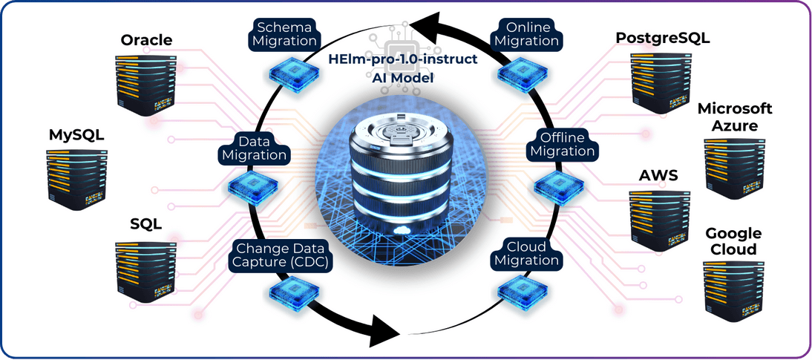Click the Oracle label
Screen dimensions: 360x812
point(146,39)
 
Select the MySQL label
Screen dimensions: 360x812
point(76,135)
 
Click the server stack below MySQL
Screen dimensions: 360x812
point(76,177)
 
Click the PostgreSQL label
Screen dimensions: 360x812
point(663,38)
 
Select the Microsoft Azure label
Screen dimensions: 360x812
point(734,117)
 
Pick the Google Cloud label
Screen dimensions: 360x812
point(733,241)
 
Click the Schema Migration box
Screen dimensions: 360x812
point(284,33)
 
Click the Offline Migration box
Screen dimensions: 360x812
point(568,144)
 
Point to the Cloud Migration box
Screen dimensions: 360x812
point(526,254)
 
